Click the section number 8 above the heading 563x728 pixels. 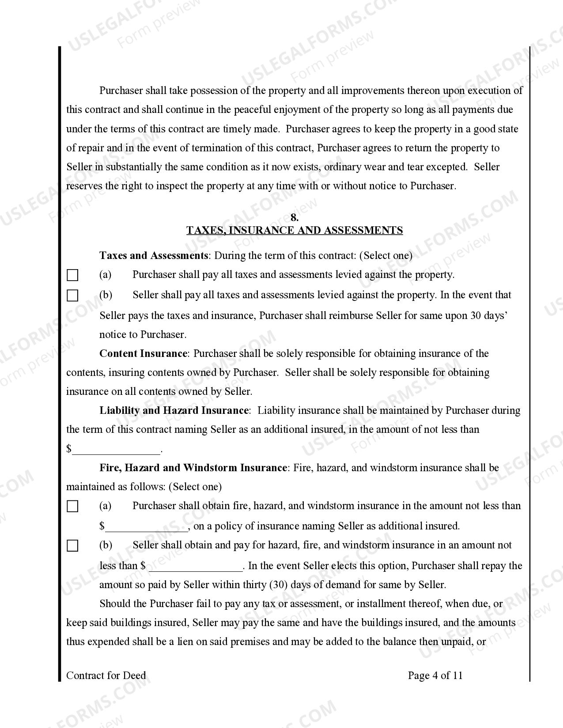(295, 218)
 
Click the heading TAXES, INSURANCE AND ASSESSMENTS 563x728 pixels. (295, 230)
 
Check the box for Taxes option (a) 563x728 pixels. (72, 276)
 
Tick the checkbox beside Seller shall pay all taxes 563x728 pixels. (72, 296)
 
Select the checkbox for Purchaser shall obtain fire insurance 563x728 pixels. (72, 507)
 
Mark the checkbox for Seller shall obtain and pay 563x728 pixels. (72, 546)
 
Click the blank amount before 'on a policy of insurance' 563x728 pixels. (147, 527)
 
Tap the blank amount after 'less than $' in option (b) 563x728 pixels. (196, 567)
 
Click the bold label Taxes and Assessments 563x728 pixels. (153, 255)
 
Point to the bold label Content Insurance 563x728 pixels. (144, 353)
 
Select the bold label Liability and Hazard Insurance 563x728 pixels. (174, 410)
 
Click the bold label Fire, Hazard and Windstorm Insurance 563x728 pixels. (193, 468)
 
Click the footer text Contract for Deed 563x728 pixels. (106, 675)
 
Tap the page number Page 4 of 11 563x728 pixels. (435, 675)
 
